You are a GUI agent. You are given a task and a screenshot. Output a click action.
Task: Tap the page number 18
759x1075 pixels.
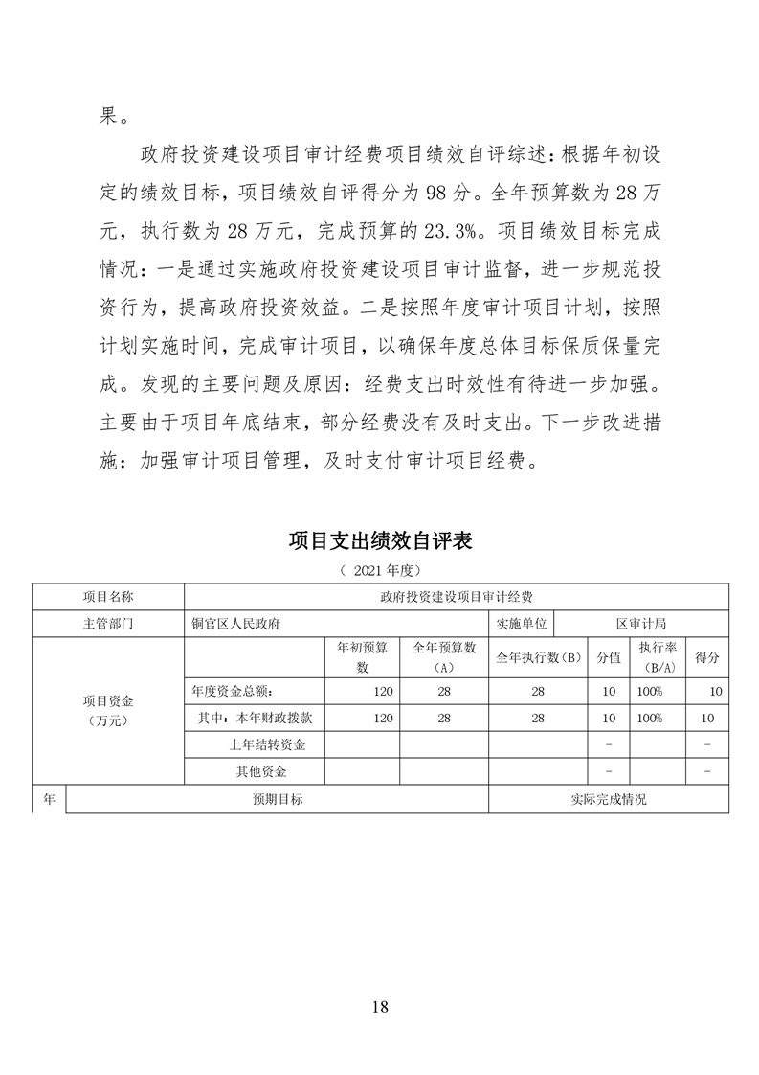pos(380,1006)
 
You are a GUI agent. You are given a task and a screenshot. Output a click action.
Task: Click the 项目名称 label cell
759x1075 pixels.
pos(108,597)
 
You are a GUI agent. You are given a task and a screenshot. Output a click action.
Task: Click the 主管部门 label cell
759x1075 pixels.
pos(108,623)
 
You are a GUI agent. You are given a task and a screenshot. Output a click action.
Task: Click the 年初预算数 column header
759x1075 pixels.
pos(362,657)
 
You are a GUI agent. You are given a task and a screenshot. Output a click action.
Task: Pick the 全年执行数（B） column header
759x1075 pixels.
pos(539,657)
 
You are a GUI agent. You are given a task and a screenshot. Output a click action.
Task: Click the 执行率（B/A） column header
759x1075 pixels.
pos(659,657)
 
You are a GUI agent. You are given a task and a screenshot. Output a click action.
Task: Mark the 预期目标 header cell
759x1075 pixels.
pos(277,798)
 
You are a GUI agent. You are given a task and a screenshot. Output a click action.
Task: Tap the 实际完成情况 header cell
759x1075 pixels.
pos(608,798)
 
